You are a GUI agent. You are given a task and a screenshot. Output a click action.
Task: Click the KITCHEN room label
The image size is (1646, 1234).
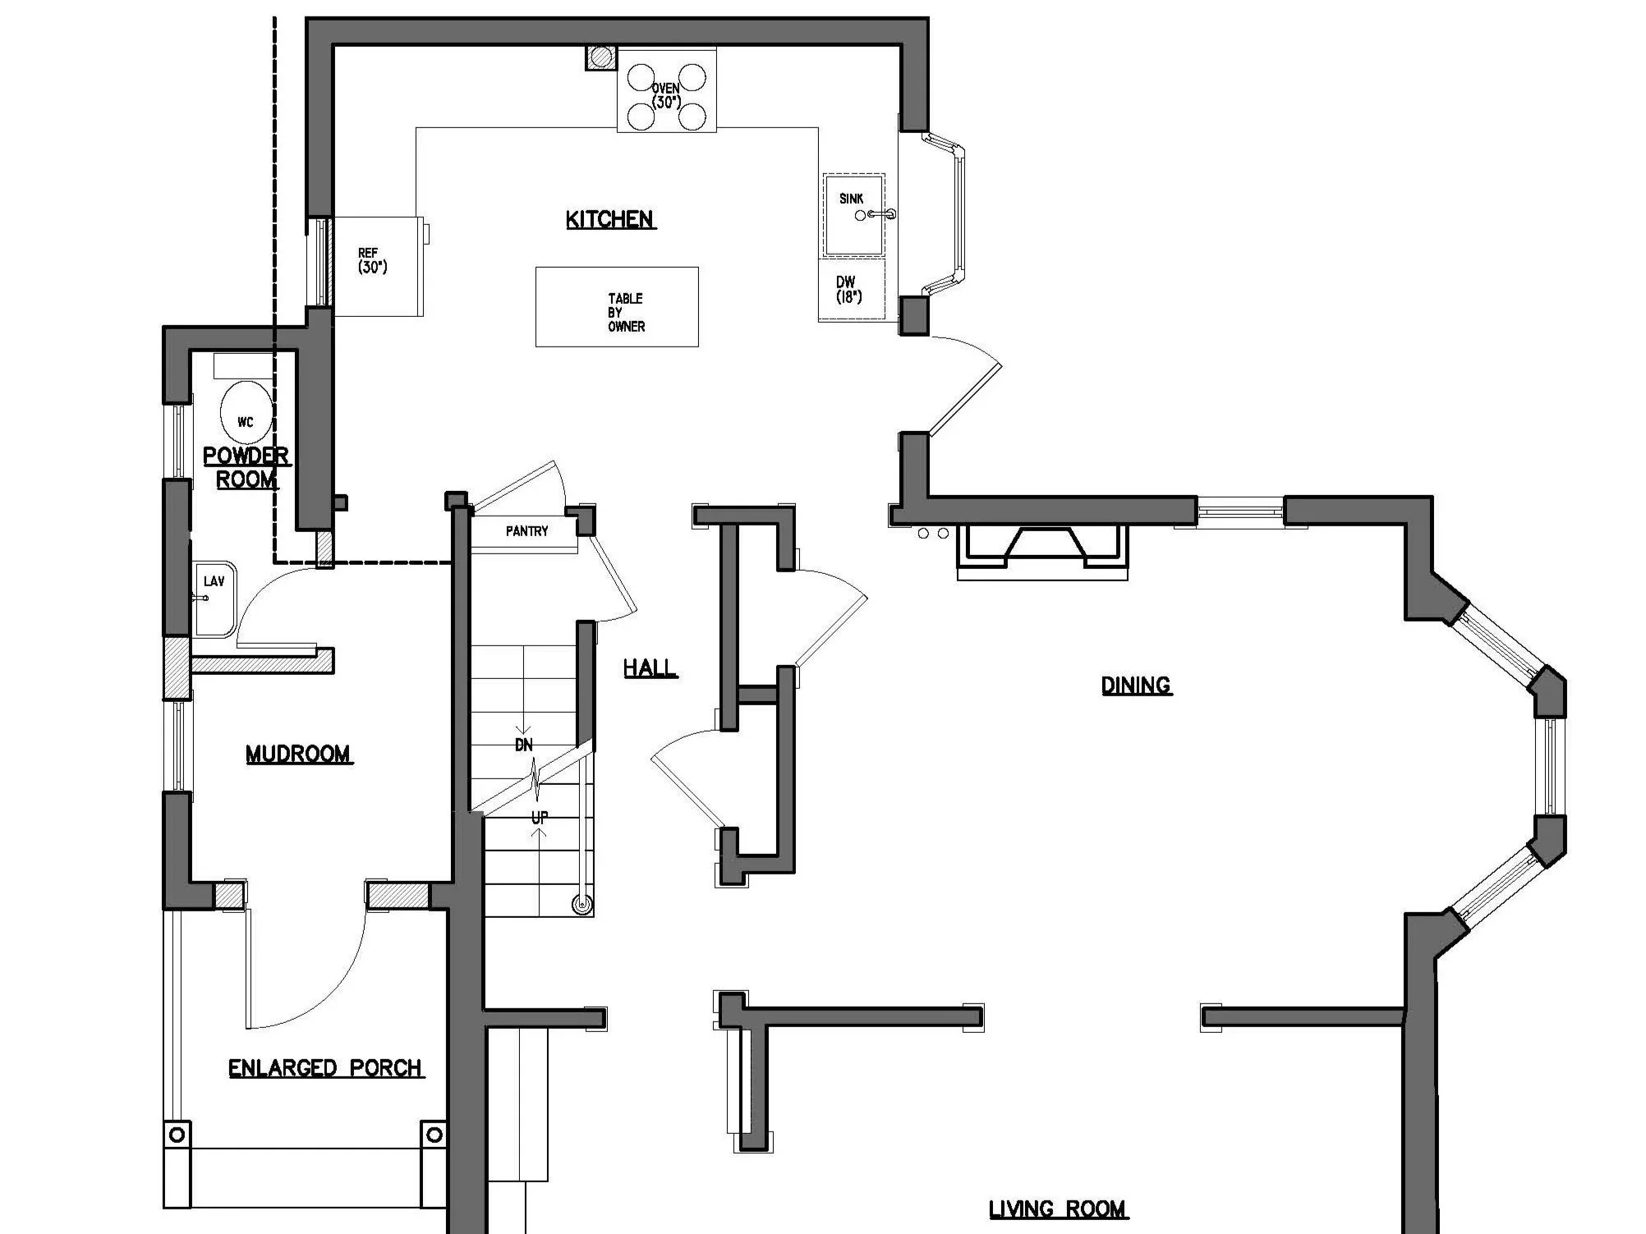click(x=610, y=219)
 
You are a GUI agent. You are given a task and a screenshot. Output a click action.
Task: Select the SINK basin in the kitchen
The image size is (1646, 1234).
click(x=854, y=215)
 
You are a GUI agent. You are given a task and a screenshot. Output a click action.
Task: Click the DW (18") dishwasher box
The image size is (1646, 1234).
click(x=850, y=290)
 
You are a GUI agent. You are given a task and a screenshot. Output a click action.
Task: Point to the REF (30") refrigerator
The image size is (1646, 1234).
click(x=377, y=266)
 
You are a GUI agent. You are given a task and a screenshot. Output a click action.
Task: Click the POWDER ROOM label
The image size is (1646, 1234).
click(x=246, y=467)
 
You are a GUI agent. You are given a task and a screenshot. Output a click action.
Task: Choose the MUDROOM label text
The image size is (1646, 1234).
click(x=298, y=754)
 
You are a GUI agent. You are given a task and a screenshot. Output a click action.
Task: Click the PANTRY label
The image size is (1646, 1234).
click(x=526, y=531)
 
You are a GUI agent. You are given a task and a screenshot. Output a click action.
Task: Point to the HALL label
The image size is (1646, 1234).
click(x=650, y=668)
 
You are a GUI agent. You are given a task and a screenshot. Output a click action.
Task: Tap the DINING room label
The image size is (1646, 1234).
click(x=1136, y=685)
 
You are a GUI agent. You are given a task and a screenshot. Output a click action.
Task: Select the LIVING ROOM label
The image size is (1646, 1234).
click(x=1058, y=1209)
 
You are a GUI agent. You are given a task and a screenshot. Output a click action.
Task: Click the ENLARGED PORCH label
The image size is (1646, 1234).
click(x=325, y=1068)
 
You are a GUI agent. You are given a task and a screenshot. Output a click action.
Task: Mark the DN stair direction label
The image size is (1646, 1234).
click(x=524, y=745)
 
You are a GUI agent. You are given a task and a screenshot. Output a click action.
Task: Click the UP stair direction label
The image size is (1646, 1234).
click(x=540, y=818)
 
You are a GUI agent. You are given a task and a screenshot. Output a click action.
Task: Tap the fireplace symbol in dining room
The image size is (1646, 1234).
click(x=1042, y=549)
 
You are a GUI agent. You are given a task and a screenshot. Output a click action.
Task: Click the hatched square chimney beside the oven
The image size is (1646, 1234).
click(x=601, y=57)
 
